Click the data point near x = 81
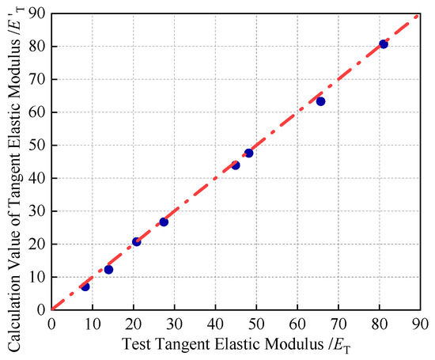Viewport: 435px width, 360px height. (384, 44)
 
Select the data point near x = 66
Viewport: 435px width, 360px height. (320, 101)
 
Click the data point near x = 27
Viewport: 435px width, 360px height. (164, 222)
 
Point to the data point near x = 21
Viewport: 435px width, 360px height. (136, 242)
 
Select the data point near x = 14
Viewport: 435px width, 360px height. (108, 270)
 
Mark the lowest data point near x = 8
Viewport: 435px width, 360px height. (85, 286)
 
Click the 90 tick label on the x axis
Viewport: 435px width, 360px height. (420, 324)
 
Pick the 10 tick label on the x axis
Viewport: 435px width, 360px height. (93, 324)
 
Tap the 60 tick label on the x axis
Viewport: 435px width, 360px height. (297, 324)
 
